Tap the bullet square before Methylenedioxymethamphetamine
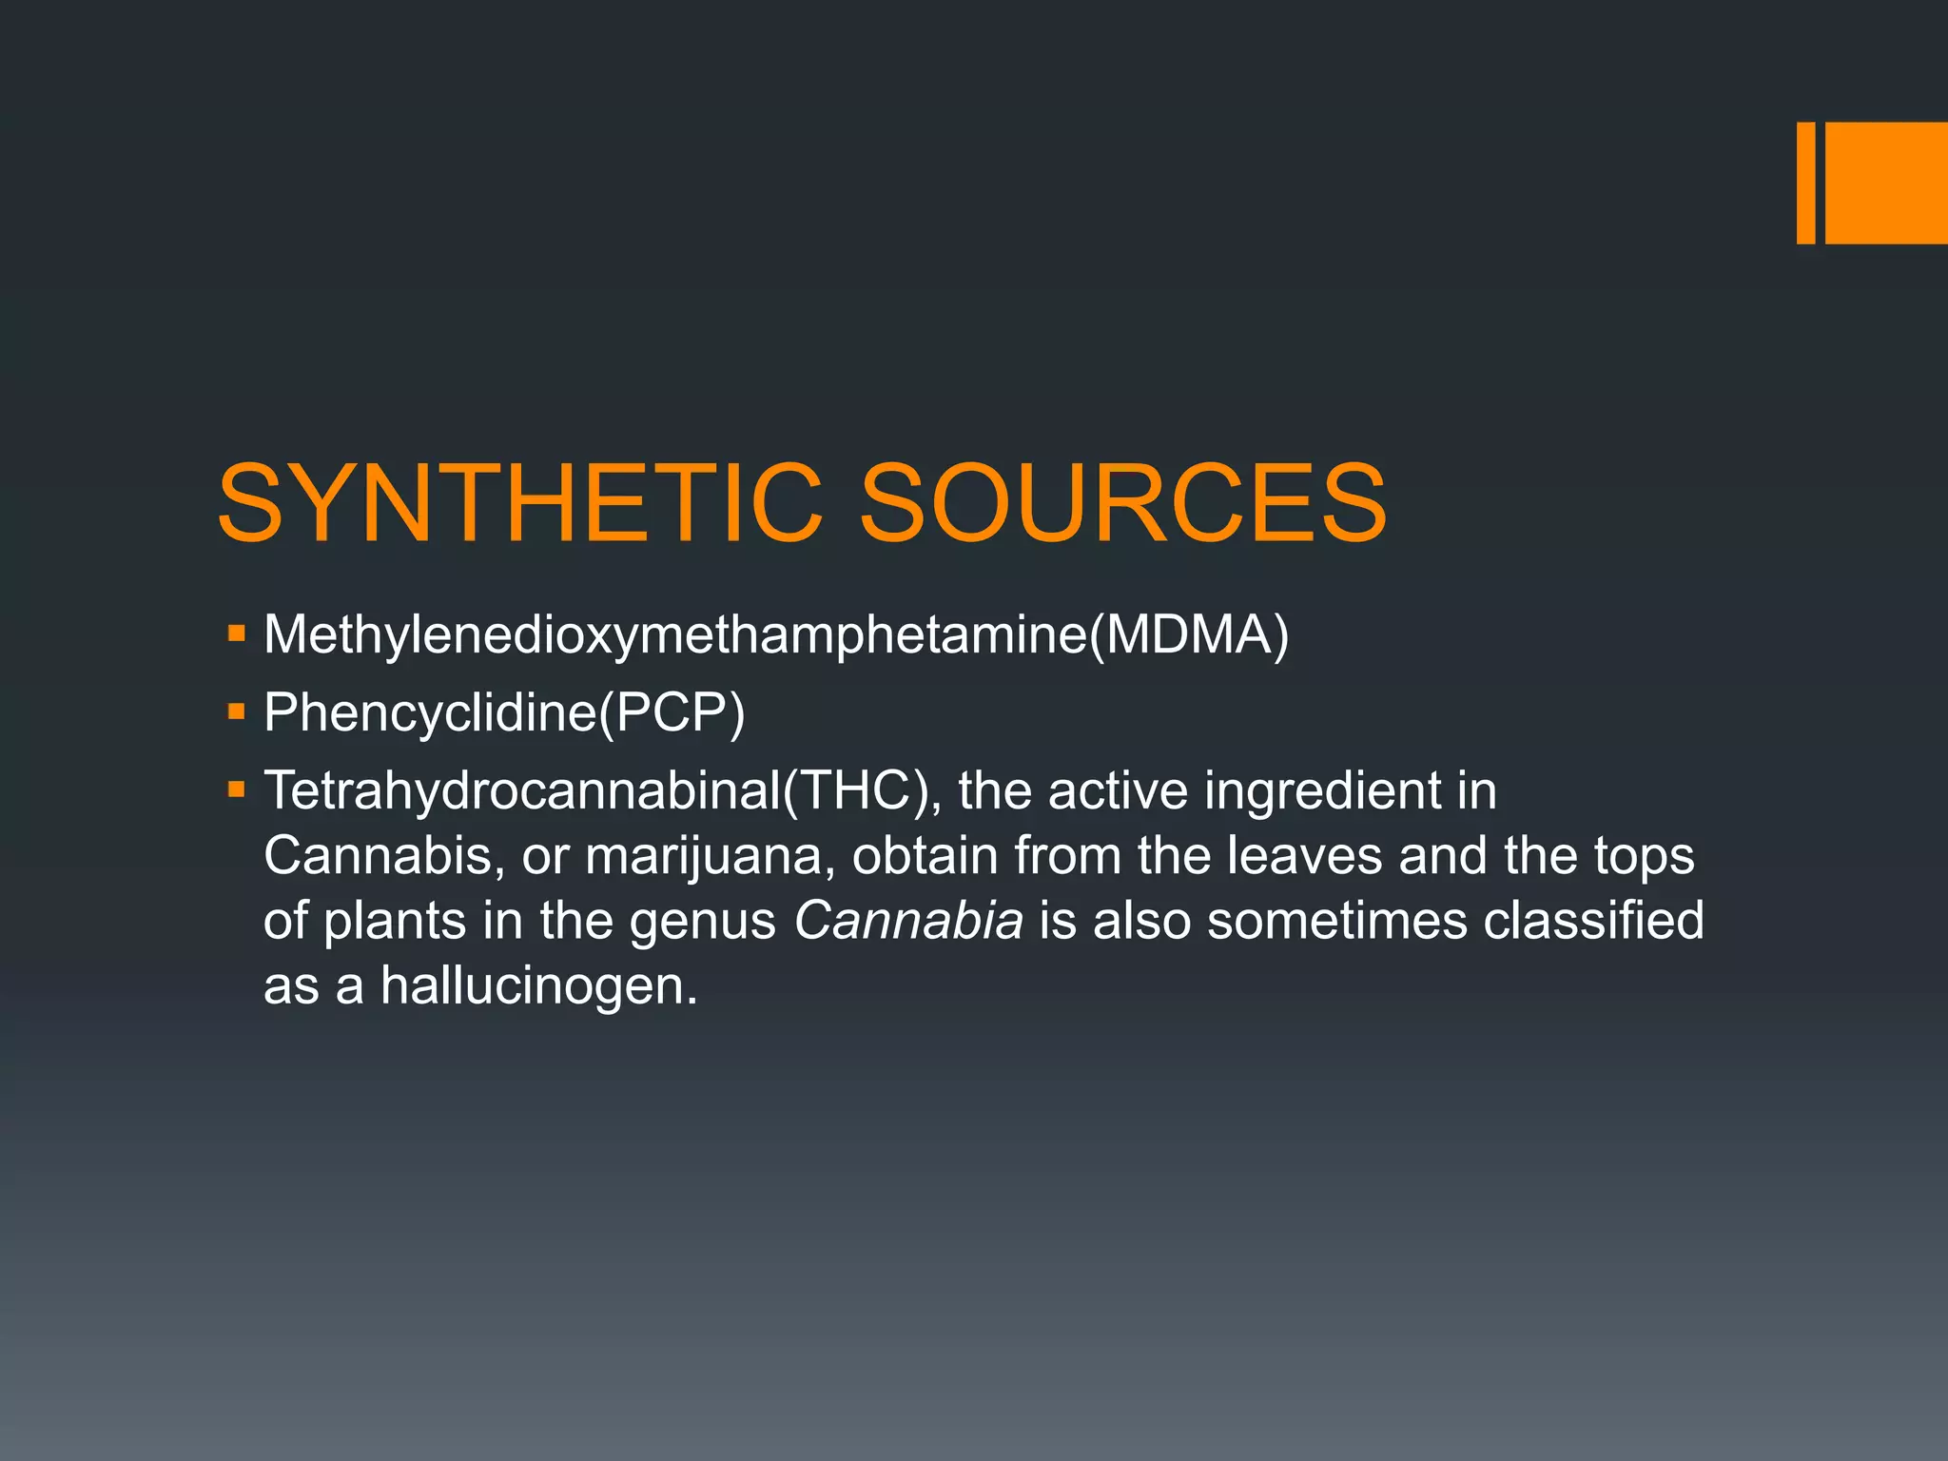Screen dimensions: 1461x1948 [237, 633]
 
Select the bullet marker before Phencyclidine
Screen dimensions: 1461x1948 [237, 711]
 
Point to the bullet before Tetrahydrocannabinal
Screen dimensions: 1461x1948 [237, 789]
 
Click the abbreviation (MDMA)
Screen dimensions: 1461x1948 [1189, 634]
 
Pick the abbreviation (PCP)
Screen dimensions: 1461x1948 [672, 712]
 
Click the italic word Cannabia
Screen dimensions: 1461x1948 [908, 921]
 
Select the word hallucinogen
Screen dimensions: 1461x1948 [538, 985]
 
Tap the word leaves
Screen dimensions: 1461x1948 [1303, 856]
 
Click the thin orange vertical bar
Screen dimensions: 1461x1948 [1805, 183]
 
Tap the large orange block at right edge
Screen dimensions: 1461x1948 [1886, 183]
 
